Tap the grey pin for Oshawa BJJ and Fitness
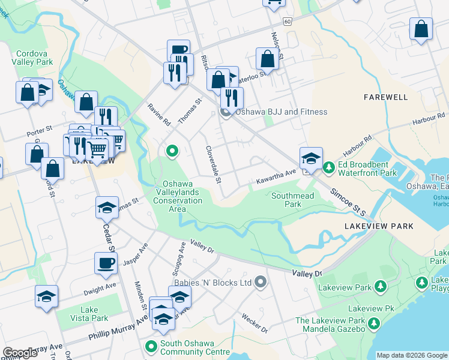(x=226, y=112)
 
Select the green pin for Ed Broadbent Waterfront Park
(x=328, y=167)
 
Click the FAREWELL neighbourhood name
(x=386, y=97)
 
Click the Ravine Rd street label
(x=159, y=115)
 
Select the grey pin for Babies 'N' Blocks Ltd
(x=260, y=281)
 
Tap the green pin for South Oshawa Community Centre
(x=150, y=347)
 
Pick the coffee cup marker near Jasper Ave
(x=106, y=263)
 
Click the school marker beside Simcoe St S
(x=310, y=158)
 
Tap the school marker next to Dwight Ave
(x=46, y=296)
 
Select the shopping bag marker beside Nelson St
(x=267, y=59)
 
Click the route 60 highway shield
(x=288, y=21)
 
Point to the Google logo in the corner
(x=20, y=353)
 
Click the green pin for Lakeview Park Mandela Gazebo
(x=374, y=325)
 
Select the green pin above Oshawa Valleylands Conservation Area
(x=172, y=151)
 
